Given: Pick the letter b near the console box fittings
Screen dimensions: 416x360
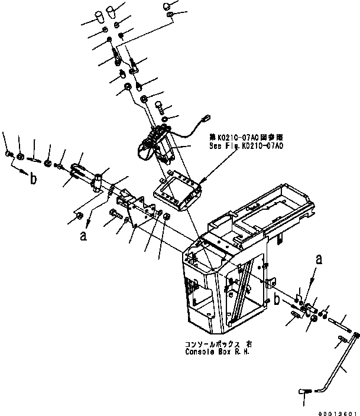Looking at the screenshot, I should pos(276,300).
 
